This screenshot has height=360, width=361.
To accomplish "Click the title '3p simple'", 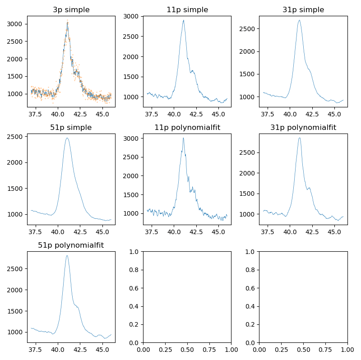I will (x=71, y=10).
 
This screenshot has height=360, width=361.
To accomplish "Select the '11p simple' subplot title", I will (x=187, y=10).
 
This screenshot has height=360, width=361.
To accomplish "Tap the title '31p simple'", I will (x=303, y=10).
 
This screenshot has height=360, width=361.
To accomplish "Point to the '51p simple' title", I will (x=71, y=128).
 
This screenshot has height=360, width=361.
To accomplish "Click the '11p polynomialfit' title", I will (x=187, y=128).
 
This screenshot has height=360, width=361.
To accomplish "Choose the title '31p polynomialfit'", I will (x=303, y=128).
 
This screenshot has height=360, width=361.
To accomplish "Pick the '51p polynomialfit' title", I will (x=71, y=245).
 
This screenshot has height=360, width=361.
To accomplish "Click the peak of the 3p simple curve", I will (x=67, y=23).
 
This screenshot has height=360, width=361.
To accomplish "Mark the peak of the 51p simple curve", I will (x=67, y=138).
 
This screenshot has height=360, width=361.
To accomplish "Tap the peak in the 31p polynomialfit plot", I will (x=299, y=138).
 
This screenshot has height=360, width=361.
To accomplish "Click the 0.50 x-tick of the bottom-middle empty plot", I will (x=187, y=350).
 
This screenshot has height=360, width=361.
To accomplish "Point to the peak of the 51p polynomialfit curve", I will (x=67, y=256).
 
